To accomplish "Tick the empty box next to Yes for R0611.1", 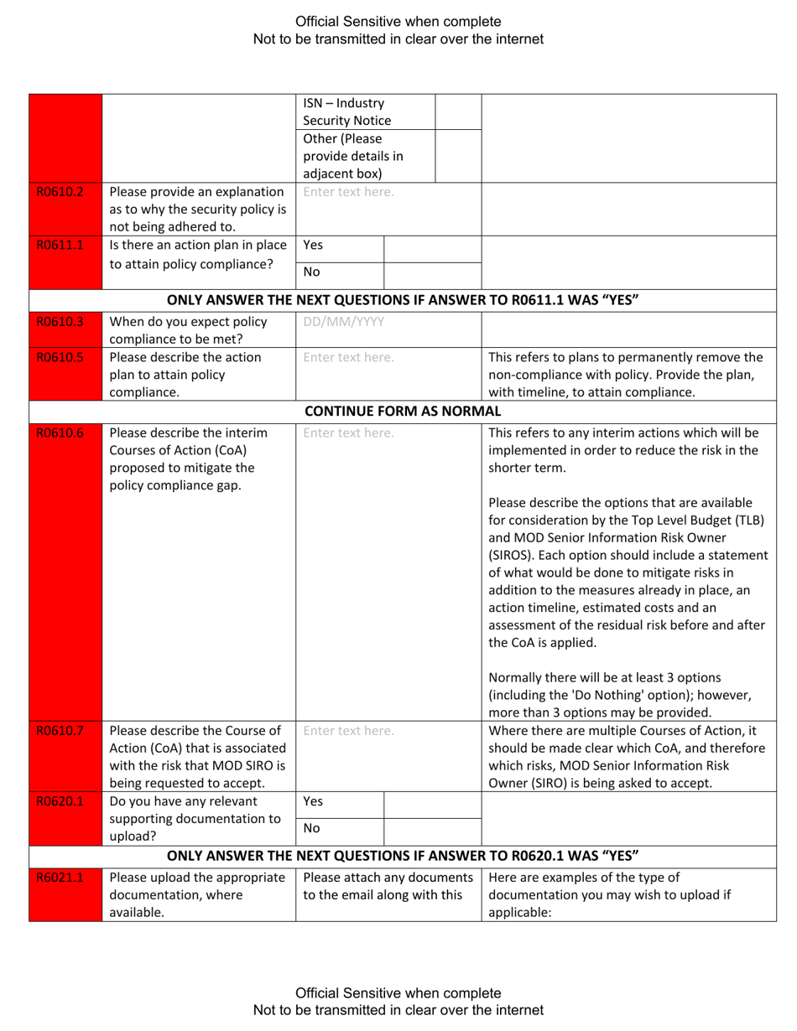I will point(432,247).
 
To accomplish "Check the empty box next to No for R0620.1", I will point(432,828).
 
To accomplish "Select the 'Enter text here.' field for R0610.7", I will point(348,730).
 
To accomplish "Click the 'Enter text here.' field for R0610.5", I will point(348,356).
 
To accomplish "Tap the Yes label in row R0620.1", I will point(312,801).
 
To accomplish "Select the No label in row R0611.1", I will point(310,272).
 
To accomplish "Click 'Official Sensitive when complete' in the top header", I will point(398,22).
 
